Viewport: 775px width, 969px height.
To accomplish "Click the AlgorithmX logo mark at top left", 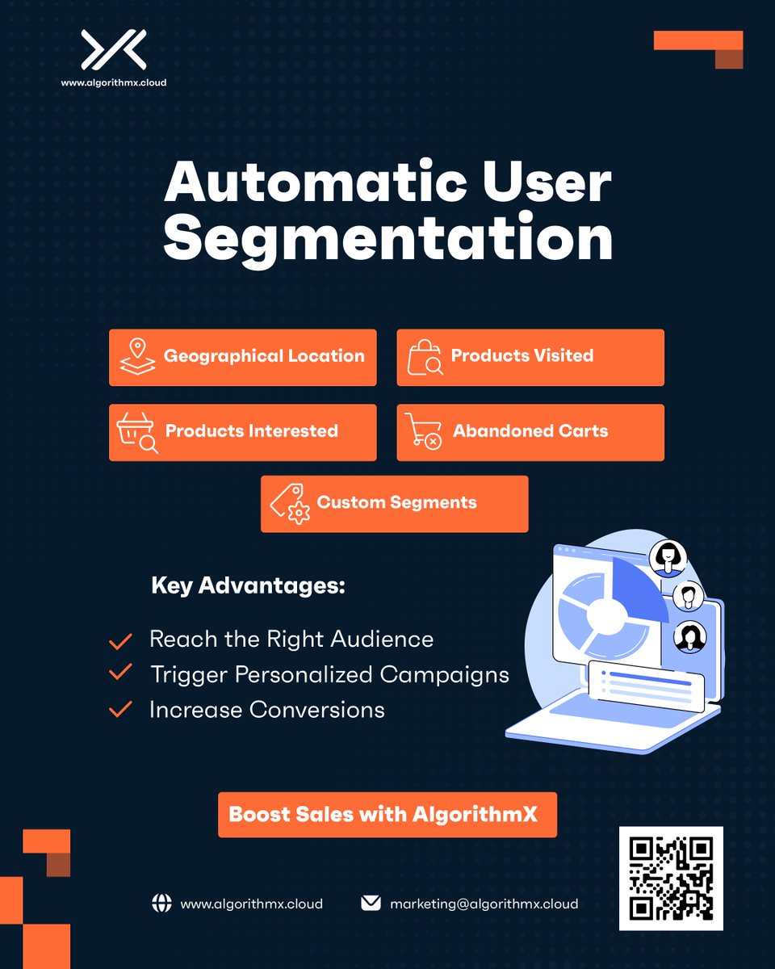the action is point(113,50).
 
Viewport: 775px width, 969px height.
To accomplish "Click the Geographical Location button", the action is point(243,357).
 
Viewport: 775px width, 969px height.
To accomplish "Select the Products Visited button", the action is point(530,357).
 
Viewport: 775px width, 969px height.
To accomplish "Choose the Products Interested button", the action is point(243,432).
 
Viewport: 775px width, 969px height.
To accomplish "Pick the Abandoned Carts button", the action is point(530,432).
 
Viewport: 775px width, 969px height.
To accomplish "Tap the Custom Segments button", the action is point(394,503).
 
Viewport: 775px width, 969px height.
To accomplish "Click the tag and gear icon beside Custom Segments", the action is point(288,504).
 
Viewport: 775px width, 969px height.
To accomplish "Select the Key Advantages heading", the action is point(248,586).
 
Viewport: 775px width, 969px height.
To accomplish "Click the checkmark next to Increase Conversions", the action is point(120,710).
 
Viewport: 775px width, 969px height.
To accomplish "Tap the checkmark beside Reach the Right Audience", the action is point(120,642).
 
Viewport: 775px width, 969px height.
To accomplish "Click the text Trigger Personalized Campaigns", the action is point(329,674).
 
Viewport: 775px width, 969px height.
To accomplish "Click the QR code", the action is point(671,879).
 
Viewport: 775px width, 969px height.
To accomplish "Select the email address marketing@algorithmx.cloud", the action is point(484,904).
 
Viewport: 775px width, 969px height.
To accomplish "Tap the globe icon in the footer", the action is point(162,904).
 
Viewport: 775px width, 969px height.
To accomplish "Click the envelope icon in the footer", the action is point(371,903).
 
